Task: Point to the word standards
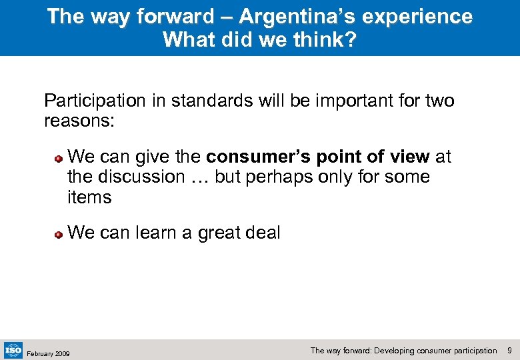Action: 211,101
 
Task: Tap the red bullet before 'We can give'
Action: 59,159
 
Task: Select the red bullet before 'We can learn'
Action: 59,235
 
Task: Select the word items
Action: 89,197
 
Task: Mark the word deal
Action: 262,233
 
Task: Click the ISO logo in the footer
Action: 13,349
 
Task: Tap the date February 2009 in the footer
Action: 47,353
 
